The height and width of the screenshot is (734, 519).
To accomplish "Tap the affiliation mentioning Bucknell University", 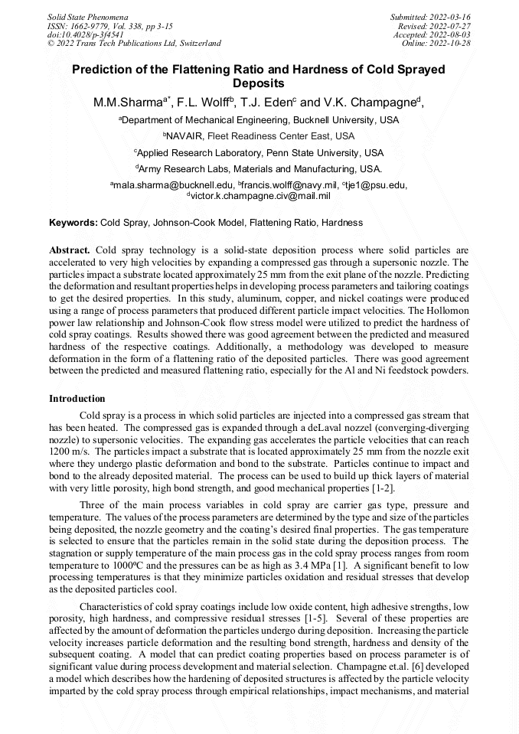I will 259,120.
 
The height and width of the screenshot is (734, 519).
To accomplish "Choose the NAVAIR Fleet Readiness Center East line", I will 259,136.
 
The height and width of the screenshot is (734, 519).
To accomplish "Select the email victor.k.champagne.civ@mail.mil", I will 259,196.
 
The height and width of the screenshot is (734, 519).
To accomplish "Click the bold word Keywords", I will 73,223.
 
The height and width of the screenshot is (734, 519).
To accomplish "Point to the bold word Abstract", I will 70,250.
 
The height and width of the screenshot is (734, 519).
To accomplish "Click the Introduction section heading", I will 77,399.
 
